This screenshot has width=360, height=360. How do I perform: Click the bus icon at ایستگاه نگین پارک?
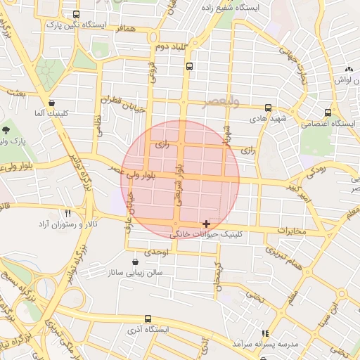tap(76, 15)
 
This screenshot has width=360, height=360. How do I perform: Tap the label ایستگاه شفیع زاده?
tap(231, 7)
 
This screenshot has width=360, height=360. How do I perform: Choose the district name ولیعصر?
tap(220, 103)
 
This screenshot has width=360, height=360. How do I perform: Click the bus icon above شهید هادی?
tap(268, 108)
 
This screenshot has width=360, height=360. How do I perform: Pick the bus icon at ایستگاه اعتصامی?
tap(328, 112)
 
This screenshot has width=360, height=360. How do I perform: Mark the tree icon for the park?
tap(6, 130)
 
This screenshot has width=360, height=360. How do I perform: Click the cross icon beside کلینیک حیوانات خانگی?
tap(205, 224)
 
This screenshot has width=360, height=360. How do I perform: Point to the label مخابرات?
tap(292, 231)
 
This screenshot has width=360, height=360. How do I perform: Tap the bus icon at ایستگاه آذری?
tap(148, 318)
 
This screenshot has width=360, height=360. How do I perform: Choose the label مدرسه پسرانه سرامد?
tap(266, 344)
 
